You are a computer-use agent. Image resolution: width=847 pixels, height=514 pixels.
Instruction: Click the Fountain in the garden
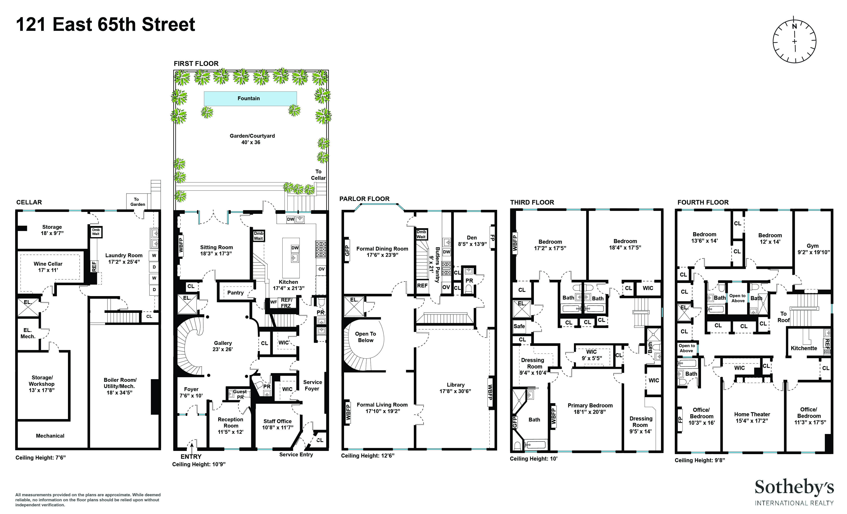(250, 98)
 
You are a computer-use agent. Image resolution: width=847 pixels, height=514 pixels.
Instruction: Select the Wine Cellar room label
(48, 267)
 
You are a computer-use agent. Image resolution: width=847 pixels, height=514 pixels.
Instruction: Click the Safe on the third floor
(519, 326)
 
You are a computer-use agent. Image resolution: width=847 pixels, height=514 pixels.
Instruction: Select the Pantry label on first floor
(236, 293)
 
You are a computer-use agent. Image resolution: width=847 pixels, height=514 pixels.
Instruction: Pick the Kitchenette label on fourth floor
(804, 348)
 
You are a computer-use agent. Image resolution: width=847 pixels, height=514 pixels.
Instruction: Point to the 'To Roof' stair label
(783, 317)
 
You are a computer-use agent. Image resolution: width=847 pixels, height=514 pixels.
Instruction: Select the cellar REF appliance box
(94, 267)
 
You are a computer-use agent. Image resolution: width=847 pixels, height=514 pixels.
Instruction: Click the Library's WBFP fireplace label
(490, 393)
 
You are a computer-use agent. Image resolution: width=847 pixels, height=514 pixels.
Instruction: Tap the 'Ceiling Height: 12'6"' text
(367, 456)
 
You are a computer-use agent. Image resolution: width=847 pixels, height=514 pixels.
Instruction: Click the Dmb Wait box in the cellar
(96, 232)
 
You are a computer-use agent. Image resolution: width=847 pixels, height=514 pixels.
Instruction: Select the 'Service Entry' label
(296, 455)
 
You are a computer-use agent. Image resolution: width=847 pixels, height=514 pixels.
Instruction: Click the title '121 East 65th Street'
(105, 25)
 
